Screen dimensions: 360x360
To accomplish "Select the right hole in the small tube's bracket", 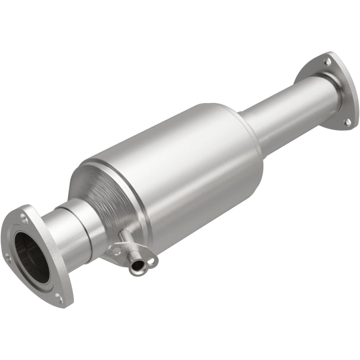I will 151,260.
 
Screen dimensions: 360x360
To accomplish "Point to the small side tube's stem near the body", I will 126,238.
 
